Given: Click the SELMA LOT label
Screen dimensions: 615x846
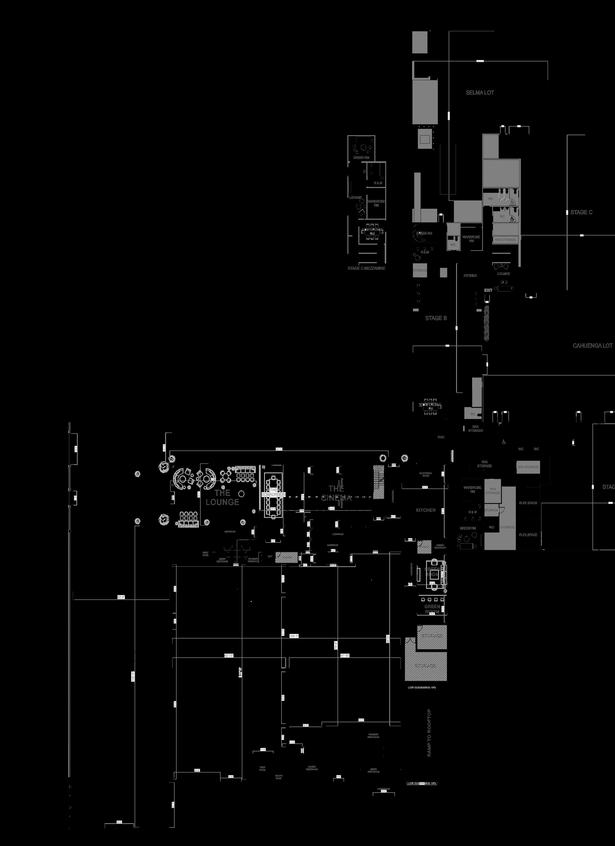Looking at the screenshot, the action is (480, 93).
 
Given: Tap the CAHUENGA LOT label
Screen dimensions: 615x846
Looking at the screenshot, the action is (592, 346).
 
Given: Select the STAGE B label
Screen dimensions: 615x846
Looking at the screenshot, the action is (436, 318).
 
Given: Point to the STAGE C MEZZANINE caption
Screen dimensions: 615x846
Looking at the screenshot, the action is (366, 268).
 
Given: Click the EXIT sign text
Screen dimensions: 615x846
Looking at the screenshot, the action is (488, 290).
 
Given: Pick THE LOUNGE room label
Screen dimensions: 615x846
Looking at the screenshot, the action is (222, 497).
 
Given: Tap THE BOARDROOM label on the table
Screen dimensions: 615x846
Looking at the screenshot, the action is (273, 492).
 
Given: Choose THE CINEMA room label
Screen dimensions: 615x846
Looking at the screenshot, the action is (336, 493).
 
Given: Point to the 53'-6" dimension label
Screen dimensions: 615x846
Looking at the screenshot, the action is (121, 597).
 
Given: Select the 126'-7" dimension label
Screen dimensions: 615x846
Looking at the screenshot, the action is (294, 636).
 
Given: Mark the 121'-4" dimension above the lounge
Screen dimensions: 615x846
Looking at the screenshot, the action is (279, 449).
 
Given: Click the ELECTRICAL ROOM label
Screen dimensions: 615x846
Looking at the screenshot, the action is (426, 474).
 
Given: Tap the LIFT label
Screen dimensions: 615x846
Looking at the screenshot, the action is (270, 556).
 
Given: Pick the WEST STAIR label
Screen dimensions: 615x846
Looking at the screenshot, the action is (205, 554).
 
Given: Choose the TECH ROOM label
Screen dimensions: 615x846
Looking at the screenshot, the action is (262, 769).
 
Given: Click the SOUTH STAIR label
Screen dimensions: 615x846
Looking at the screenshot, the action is (279, 777).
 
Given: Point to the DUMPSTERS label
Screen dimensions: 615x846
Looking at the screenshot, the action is (384, 789).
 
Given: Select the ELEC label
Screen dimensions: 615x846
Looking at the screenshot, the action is (441, 437).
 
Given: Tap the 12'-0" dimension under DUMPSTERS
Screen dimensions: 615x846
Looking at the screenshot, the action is (384, 792).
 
